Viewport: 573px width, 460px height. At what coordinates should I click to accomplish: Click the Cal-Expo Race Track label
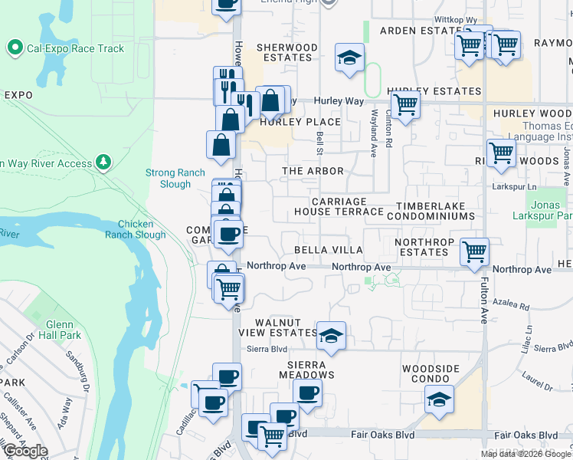[x=74, y=48]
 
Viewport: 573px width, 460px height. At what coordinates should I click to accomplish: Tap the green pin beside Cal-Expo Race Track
[x=14, y=48]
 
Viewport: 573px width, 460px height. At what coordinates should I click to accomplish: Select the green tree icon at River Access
[x=102, y=163]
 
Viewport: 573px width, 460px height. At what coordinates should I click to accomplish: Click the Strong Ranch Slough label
[x=175, y=179]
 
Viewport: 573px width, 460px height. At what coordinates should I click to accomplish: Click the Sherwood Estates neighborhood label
[x=286, y=52]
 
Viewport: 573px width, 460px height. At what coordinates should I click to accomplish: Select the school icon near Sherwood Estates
[x=349, y=58]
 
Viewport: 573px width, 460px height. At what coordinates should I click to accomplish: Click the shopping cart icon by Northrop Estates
[x=474, y=250]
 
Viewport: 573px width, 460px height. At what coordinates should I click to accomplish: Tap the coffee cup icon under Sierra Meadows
[x=307, y=393]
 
